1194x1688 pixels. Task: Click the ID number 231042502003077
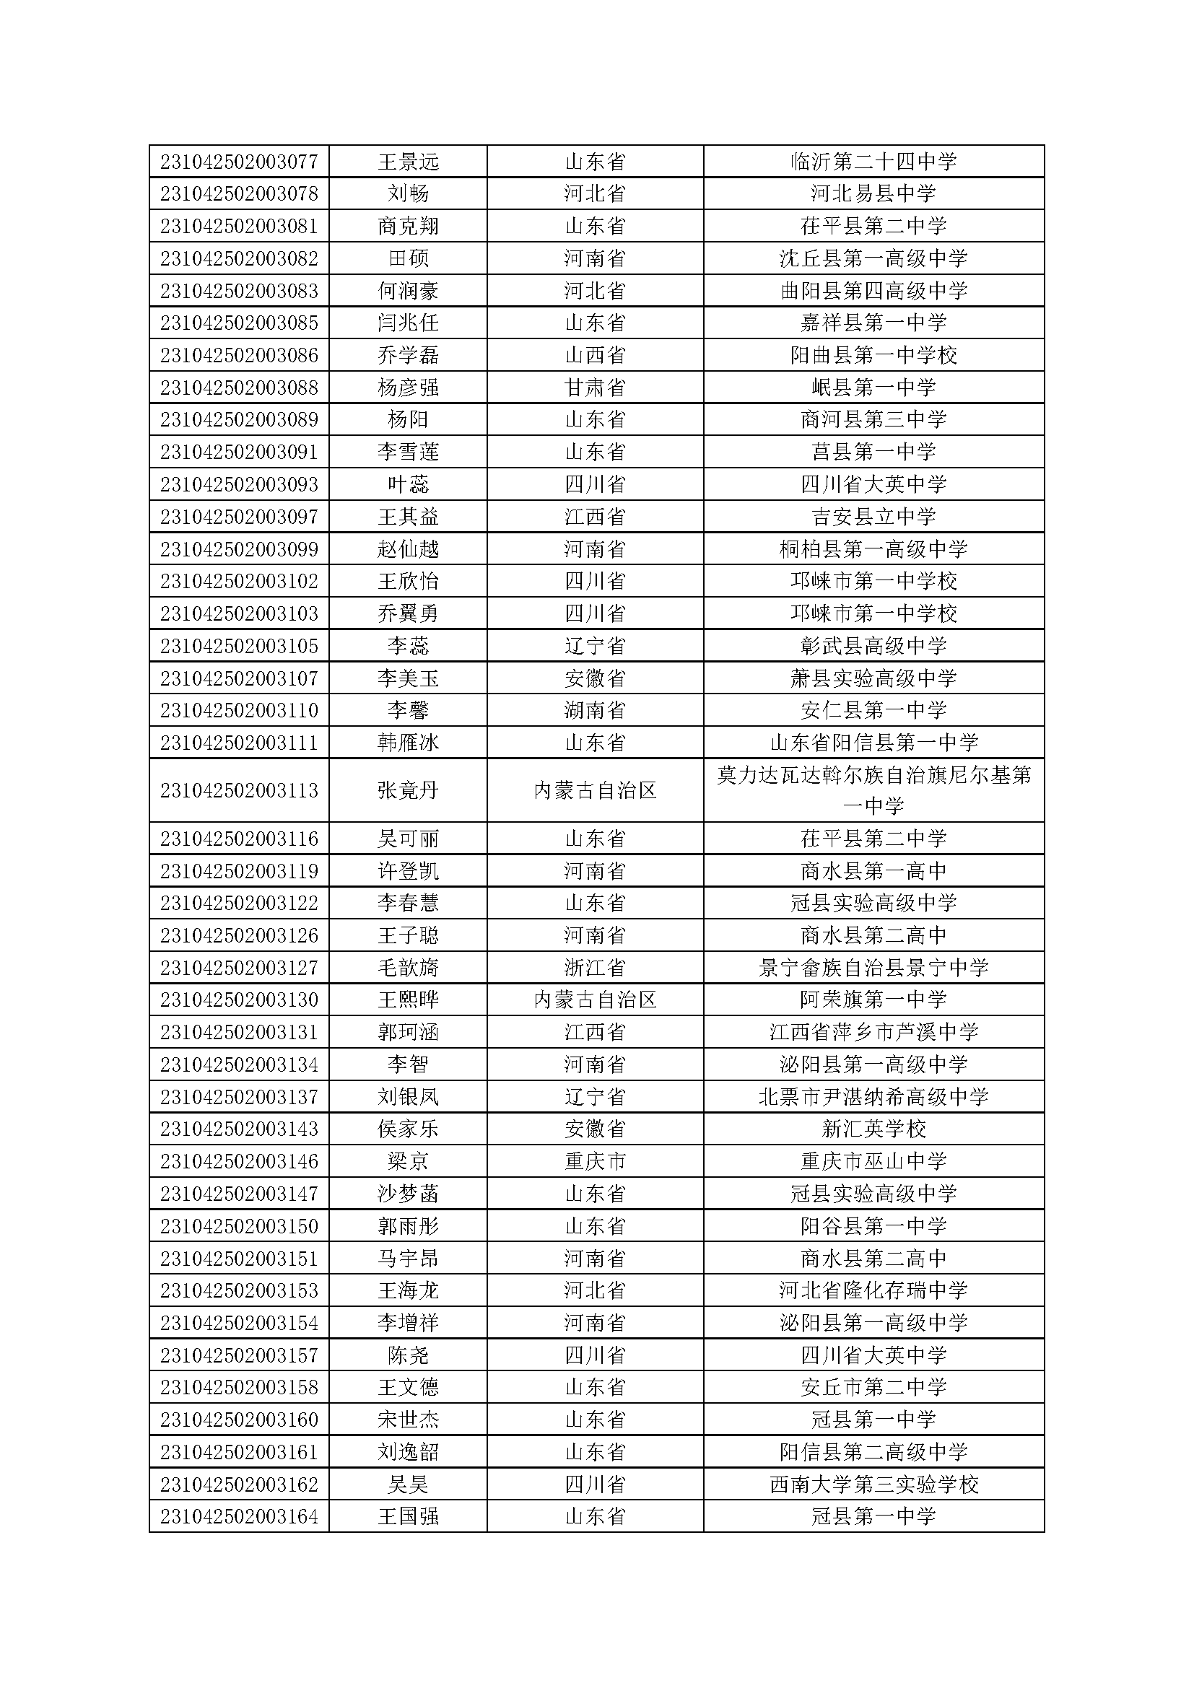pos(239,161)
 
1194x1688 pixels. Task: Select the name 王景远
pos(408,161)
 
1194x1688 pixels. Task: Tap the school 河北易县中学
pos(873,193)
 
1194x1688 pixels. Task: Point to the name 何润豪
pos(408,290)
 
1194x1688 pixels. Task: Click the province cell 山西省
pos(595,355)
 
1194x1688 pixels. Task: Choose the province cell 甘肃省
pos(595,388)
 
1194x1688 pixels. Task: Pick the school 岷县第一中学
pos(873,388)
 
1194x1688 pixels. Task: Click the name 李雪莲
pos(408,451)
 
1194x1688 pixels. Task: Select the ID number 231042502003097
pos(239,516)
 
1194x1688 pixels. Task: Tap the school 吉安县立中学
pos(873,516)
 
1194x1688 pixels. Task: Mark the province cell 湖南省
pos(595,710)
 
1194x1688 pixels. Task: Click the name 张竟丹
pos(408,790)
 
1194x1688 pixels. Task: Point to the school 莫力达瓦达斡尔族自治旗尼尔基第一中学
pos(873,790)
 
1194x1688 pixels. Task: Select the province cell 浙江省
pos(595,968)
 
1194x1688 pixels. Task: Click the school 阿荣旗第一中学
pos(873,1000)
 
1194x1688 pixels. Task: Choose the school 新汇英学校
pos(873,1129)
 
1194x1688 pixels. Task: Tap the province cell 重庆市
pos(595,1161)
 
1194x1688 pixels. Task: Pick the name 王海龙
pos(408,1290)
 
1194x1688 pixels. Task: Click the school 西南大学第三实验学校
pos(873,1484)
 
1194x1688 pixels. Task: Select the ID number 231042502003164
pos(239,1517)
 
